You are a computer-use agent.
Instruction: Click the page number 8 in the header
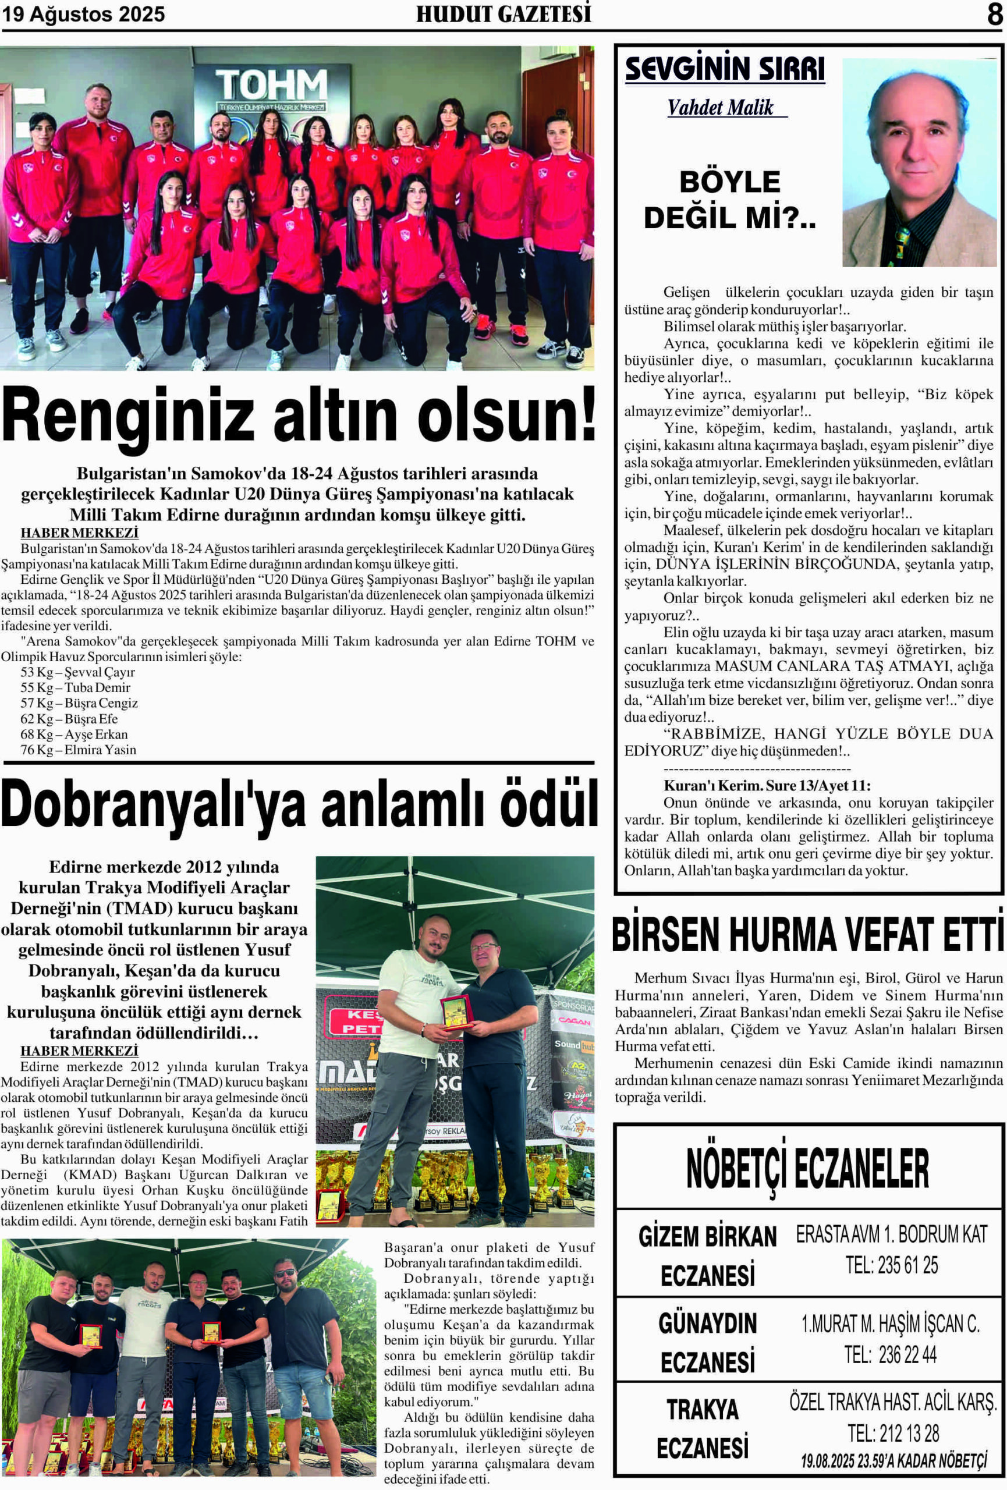[x=994, y=14]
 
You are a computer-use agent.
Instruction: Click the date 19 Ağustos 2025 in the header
[x=83, y=14]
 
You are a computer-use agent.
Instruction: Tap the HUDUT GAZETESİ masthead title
[x=503, y=14]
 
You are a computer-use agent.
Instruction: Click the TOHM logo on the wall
[x=272, y=86]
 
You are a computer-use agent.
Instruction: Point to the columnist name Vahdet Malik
[x=721, y=108]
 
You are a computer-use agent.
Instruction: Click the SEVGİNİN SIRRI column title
[x=725, y=69]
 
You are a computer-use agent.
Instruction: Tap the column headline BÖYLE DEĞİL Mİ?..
[x=729, y=200]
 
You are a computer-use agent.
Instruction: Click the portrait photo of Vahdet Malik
[x=919, y=163]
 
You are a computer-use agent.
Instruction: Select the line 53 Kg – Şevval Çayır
[x=77, y=672]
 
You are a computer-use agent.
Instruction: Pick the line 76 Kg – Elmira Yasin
[x=78, y=750]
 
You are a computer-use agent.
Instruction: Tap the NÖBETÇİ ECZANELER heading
[x=808, y=1168]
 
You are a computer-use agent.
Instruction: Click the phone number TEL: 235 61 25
[x=892, y=1265]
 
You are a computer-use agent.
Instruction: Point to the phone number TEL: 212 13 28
[x=893, y=1433]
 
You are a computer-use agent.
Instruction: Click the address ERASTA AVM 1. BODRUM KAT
[x=892, y=1234]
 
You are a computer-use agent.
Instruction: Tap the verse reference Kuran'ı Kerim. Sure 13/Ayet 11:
[x=767, y=785]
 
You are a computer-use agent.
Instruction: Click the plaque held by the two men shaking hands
[x=456, y=1011]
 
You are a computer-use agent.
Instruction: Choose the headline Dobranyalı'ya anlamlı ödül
[x=299, y=804]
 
